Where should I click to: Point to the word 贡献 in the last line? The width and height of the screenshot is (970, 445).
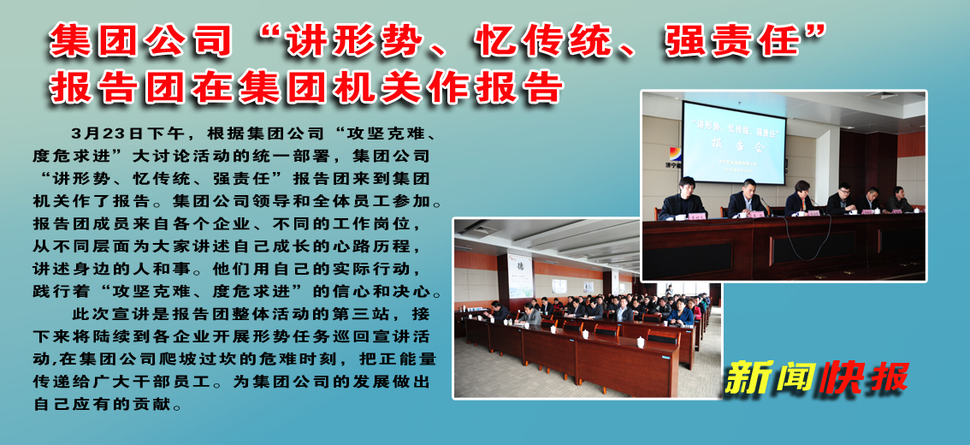coord(151,403)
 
